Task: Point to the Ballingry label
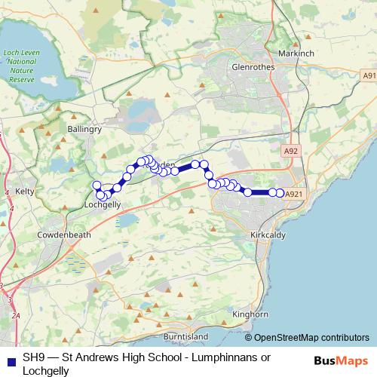click(84, 130)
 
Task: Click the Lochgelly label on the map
click(103, 204)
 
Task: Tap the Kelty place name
click(26, 192)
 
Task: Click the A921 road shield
click(295, 194)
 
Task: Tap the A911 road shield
click(369, 76)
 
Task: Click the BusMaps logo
click(339, 360)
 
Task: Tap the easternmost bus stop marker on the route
click(280, 194)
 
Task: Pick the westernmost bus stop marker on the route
click(96, 185)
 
